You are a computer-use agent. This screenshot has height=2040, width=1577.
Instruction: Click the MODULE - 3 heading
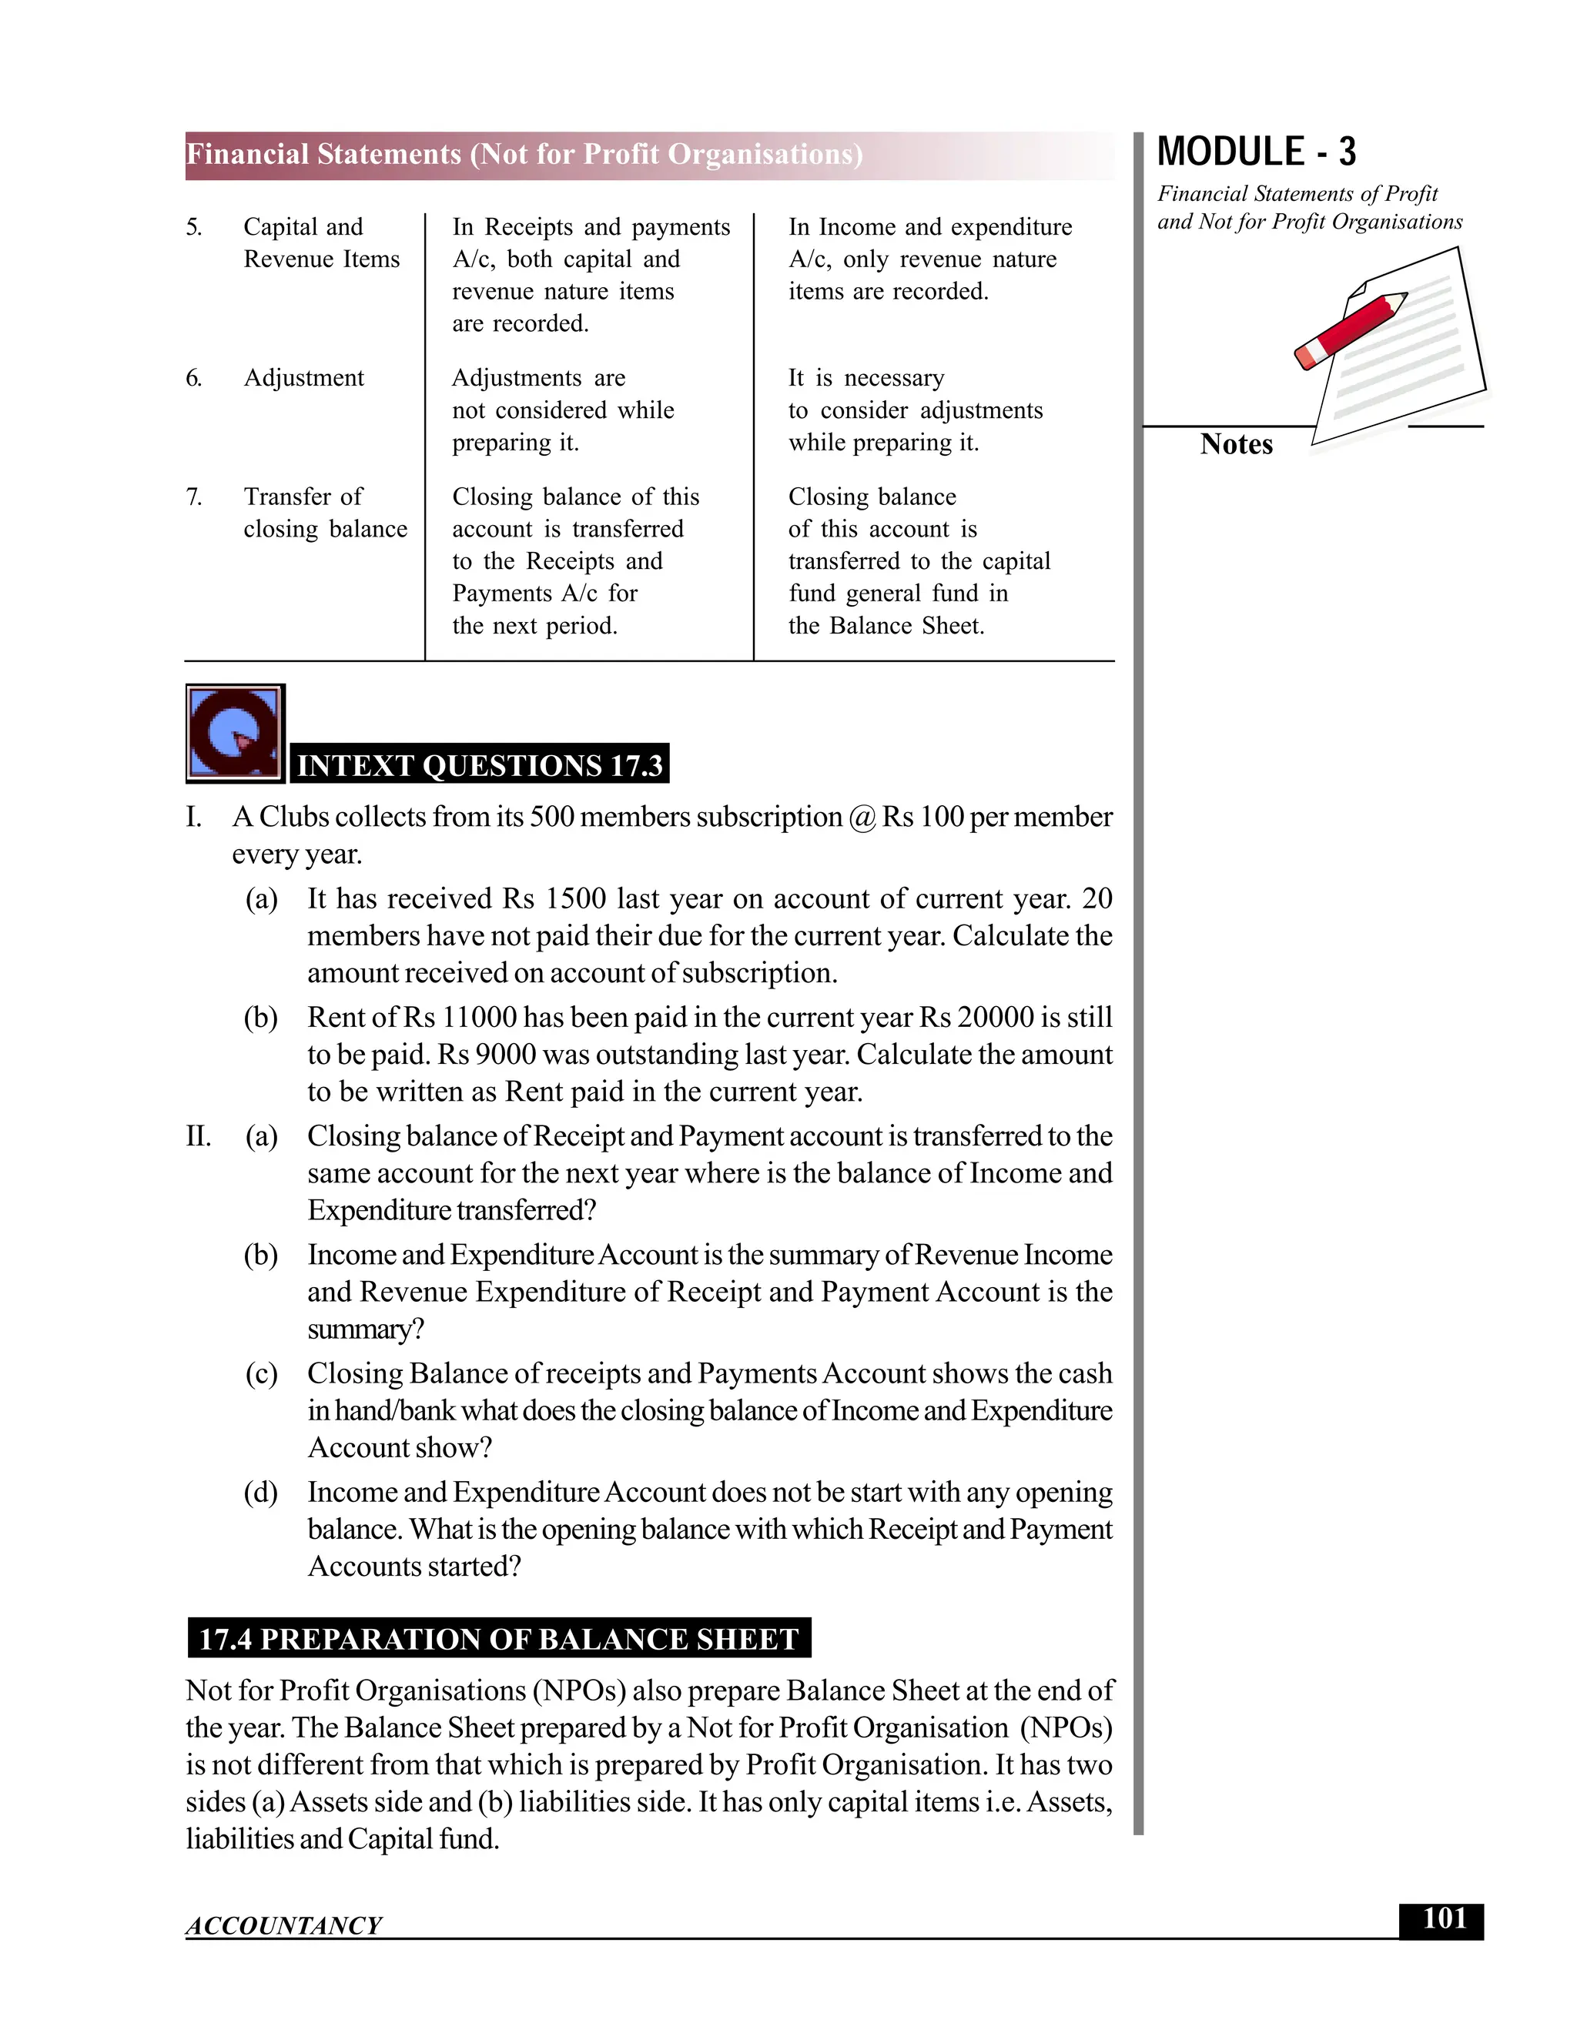1256,152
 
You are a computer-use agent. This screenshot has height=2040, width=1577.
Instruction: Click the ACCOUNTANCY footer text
283,1925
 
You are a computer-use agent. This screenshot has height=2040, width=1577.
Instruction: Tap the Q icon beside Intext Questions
235,733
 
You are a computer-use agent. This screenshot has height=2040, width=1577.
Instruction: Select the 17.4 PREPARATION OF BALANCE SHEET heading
499,1638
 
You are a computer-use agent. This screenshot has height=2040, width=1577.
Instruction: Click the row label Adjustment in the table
303,378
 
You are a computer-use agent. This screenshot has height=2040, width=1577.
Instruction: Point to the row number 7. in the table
193,497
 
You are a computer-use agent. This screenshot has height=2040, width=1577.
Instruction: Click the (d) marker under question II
261,1492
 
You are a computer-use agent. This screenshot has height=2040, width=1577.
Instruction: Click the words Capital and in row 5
303,227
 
